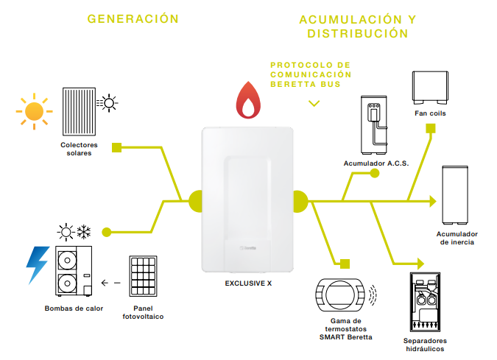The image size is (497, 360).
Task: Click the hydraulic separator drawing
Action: coord(426,303)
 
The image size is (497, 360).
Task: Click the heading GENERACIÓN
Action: coord(133,18)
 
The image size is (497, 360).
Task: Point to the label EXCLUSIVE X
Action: coord(248,283)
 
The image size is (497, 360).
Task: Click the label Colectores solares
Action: coord(80,149)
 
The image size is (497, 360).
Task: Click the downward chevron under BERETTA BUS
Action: coord(314,103)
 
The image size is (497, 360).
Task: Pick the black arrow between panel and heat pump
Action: coord(111,282)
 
